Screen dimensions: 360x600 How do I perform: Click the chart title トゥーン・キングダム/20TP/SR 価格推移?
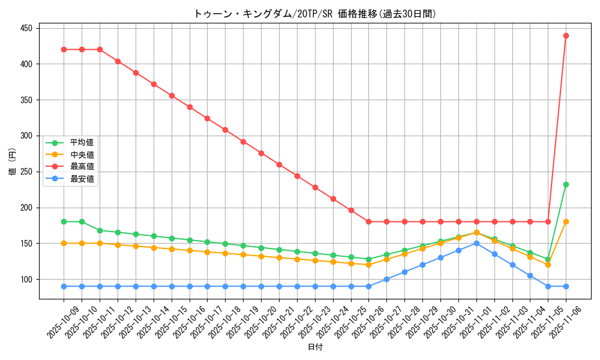coord(315,13)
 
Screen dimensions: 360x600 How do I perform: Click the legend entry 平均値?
coord(82,143)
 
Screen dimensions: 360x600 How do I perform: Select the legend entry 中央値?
coord(82,155)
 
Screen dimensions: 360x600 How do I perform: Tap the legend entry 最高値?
coord(82,167)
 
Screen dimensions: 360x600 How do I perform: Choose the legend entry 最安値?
coord(82,179)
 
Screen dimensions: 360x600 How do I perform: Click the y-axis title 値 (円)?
coord(12,163)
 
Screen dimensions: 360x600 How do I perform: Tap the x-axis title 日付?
coord(315,347)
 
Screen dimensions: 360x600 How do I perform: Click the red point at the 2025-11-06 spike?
coord(566,35)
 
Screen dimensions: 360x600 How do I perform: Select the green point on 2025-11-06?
coord(566,184)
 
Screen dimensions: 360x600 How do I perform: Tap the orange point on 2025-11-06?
coord(566,222)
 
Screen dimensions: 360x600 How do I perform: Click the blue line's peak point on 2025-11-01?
coord(476,244)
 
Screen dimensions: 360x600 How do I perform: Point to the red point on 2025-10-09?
coord(64,49)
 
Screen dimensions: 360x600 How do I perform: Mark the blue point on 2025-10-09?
coord(64,286)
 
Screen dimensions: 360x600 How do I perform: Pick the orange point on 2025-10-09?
coord(64,244)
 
